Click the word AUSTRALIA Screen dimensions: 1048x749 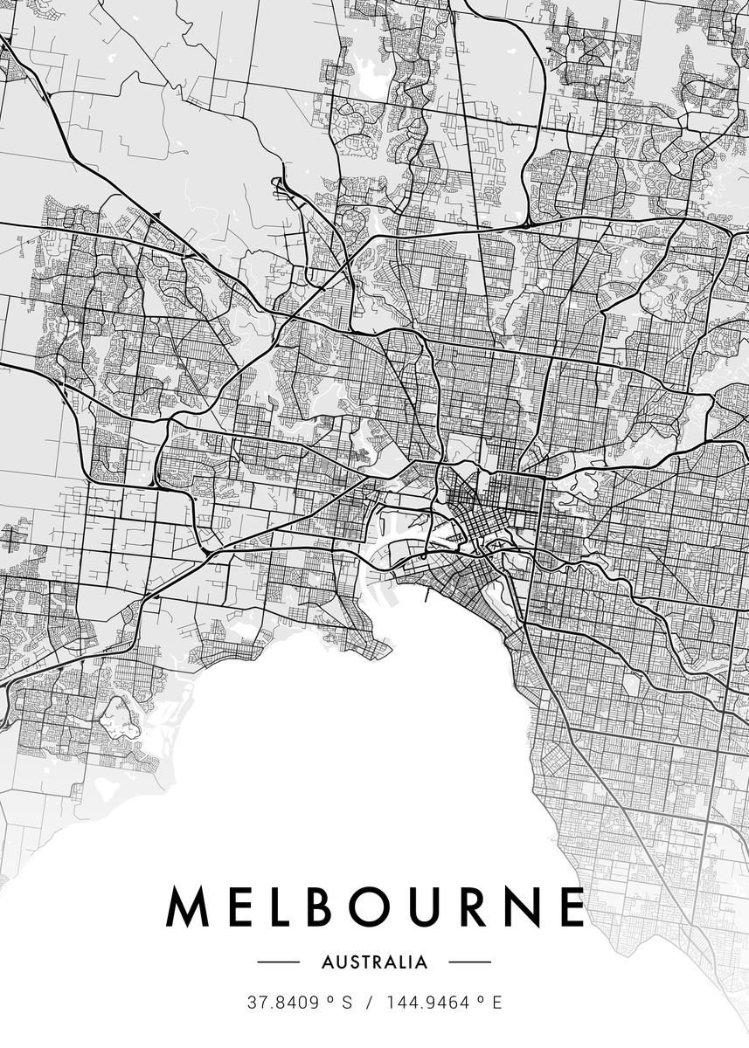(x=375, y=962)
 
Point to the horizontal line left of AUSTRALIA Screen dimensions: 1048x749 (x=278, y=962)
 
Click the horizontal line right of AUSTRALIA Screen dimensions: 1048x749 (x=470, y=962)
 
